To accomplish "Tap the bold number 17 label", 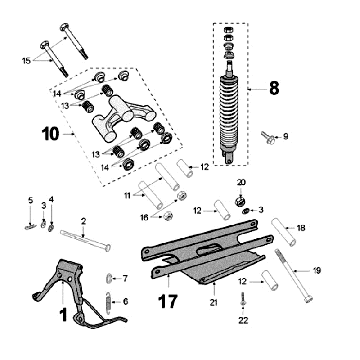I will point(168,296).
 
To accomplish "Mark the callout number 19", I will point(317,269).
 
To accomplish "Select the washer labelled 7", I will point(112,277).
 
